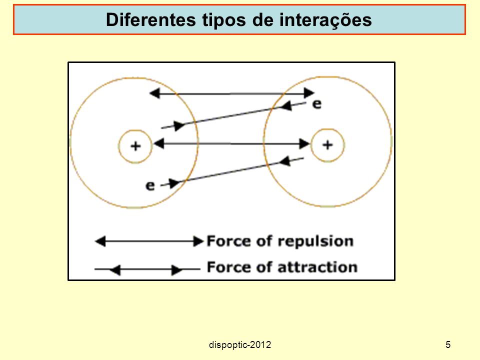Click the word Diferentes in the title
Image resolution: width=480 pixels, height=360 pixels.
pos(150,19)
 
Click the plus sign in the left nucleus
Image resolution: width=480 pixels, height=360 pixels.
pos(135,146)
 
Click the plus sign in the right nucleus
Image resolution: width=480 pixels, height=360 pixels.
pos(327,144)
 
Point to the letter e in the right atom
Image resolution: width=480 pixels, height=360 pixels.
pos(317,104)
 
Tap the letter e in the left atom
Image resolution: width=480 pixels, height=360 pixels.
pos(150,185)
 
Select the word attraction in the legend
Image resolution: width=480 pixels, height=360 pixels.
pos(317,267)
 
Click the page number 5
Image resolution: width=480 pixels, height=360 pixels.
pos(448,344)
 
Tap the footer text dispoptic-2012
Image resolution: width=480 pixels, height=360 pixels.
pos(240,345)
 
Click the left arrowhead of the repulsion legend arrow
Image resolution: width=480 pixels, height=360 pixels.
pos(100,241)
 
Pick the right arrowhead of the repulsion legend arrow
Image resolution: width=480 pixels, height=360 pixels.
pos(198,241)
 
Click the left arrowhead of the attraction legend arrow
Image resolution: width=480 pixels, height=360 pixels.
pos(115,269)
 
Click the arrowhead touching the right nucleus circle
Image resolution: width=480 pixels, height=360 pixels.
pos(304,143)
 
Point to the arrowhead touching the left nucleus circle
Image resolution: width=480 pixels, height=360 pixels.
pos(158,143)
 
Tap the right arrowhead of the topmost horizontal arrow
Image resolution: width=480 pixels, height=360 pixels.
pos(309,92)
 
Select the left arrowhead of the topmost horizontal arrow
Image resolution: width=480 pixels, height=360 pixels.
pos(154,93)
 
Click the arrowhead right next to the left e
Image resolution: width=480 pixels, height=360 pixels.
pos(174,183)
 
